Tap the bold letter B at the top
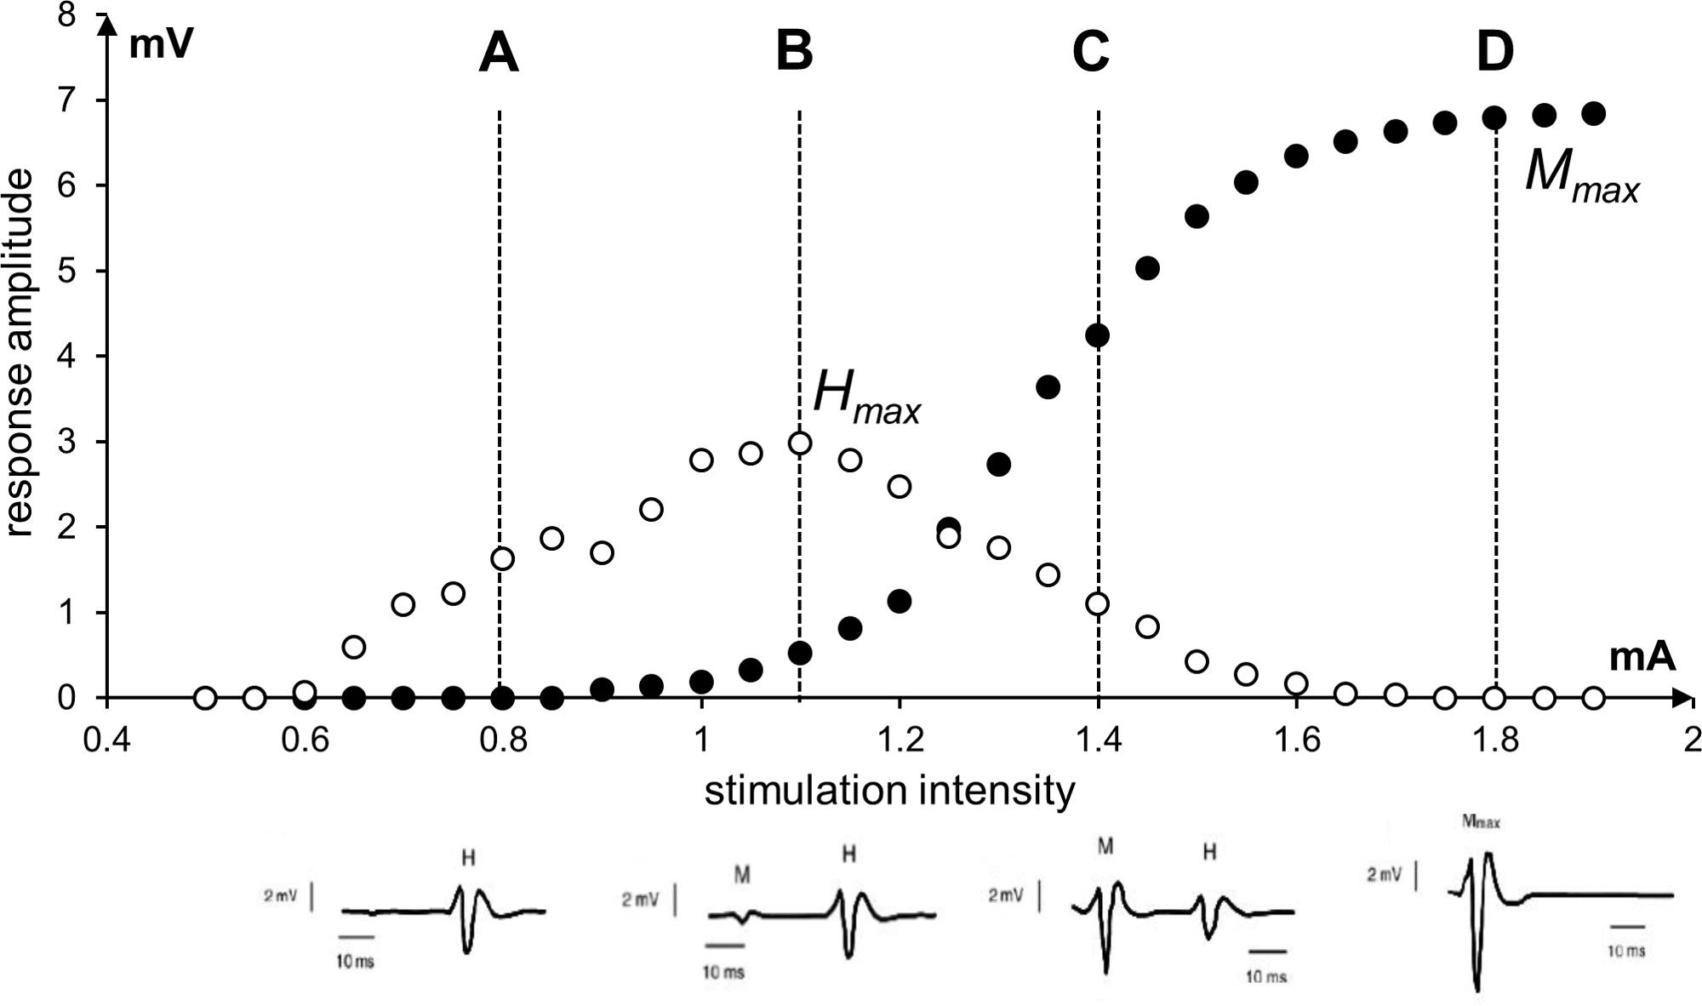pyautogui.click(x=795, y=53)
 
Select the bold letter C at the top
pyautogui.click(x=1091, y=53)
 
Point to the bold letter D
pyautogui.click(x=1495, y=53)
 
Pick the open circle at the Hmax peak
pyautogui.click(x=800, y=443)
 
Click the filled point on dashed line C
pyautogui.click(x=1098, y=335)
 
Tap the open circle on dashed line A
pyautogui.click(x=503, y=558)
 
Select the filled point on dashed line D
pyautogui.click(x=1495, y=118)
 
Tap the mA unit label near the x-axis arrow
pyautogui.click(x=1642, y=658)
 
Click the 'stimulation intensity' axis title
pyautogui.click(x=889, y=791)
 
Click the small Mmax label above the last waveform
pyautogui.click(x=1480, y=823)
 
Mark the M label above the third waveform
pyautogui.click(x=1105, y=846)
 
